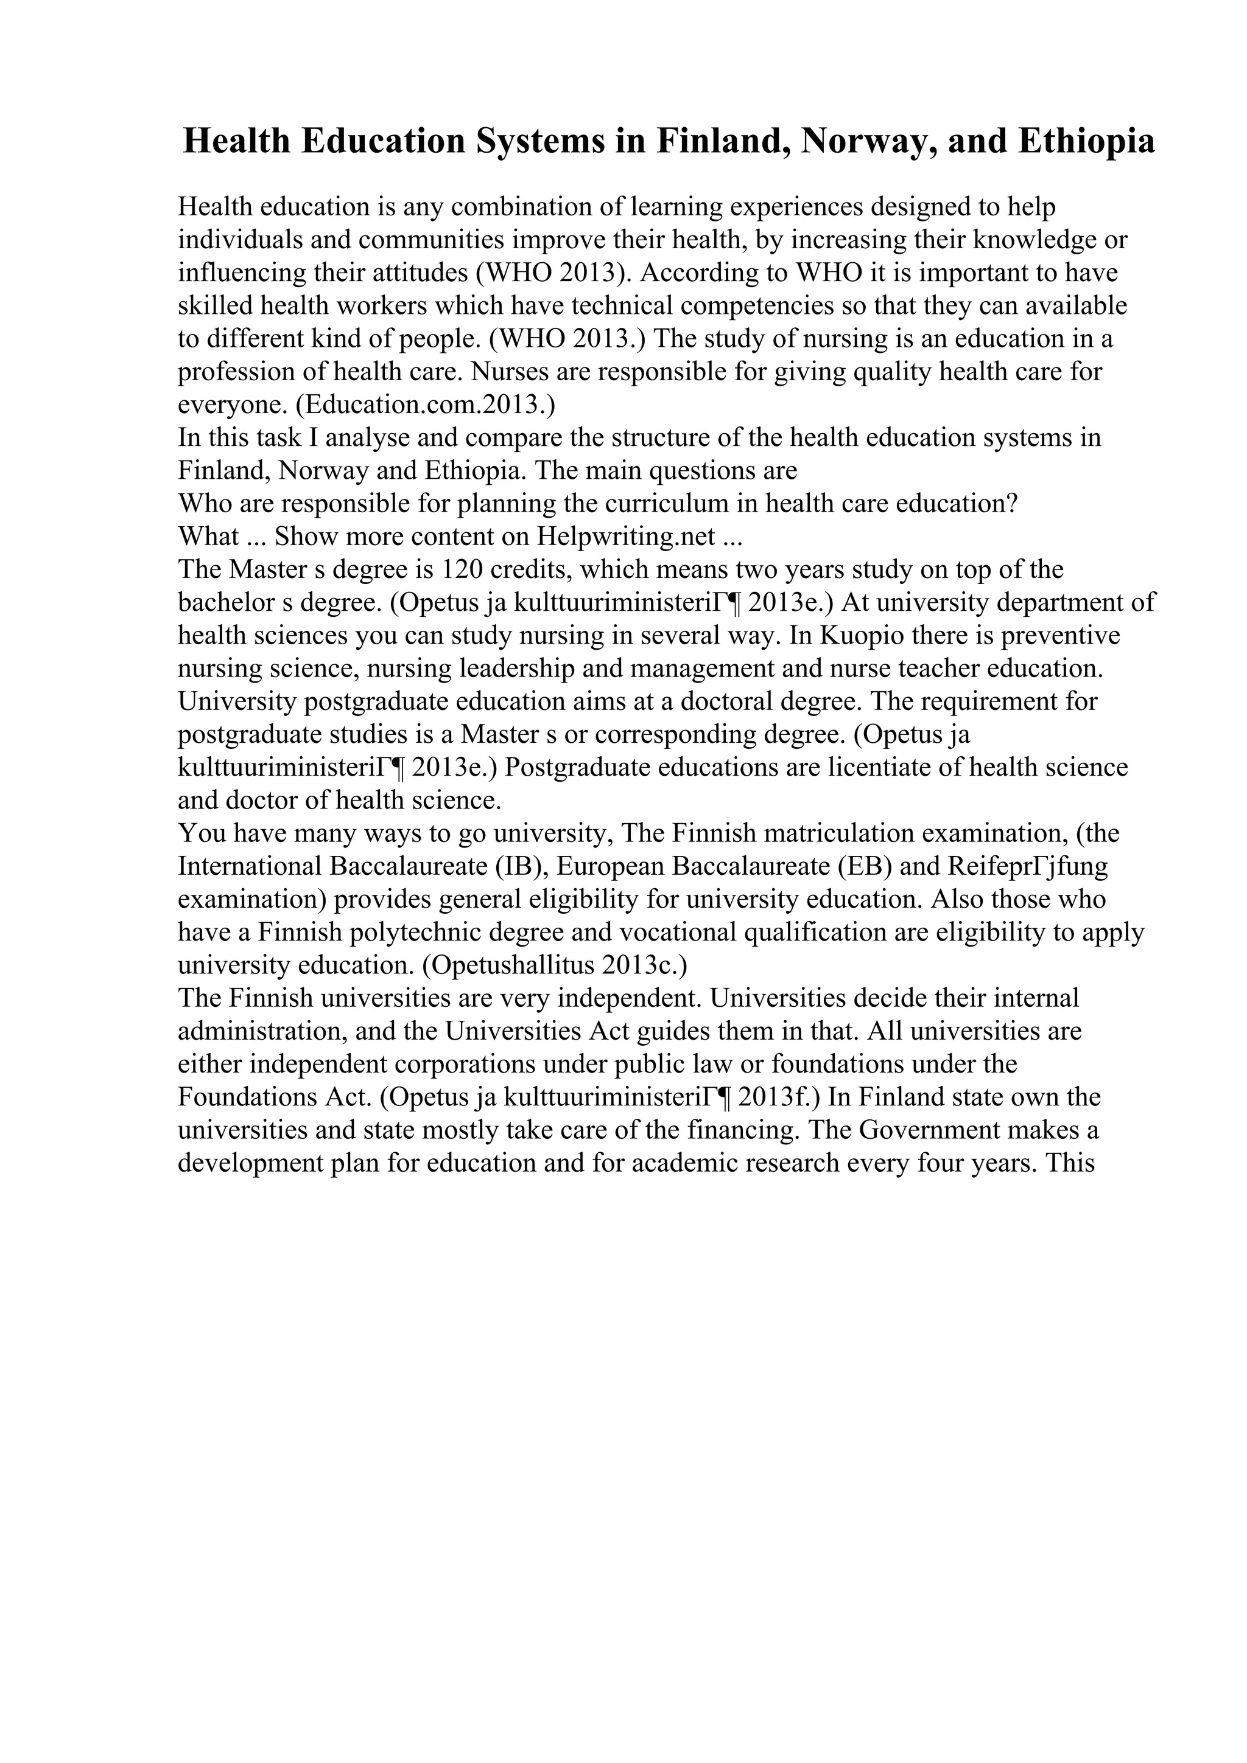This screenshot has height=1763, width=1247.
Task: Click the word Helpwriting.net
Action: (x=626, y=536)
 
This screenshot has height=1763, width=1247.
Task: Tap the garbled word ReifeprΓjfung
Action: (x=1027, y=866)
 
